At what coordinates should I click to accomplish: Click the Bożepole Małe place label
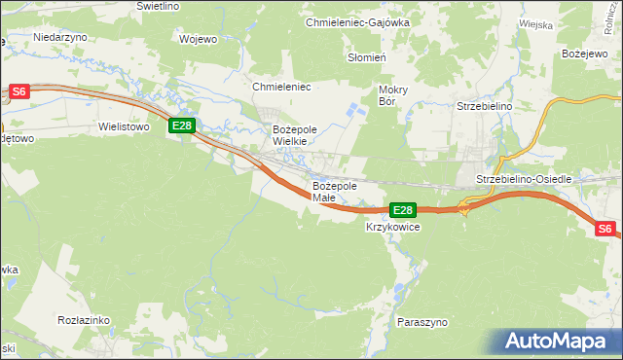[x=335, y=192]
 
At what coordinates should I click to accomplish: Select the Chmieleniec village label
[x=280, y=88]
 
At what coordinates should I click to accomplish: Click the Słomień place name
[x=368, y=57]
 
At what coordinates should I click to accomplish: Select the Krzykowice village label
[x=392, y=227]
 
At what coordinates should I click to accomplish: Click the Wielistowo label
[x=123, y=126]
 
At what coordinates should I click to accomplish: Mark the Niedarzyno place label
[x=60, y=36]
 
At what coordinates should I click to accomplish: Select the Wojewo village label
[x=199, y=40]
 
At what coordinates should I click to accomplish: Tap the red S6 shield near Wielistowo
[x=20, y=91]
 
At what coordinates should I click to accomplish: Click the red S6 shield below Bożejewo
[x=605, y=229]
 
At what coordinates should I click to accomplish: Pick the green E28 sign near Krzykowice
[x=403, y=209]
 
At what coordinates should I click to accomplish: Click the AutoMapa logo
[x=561, y=342]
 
